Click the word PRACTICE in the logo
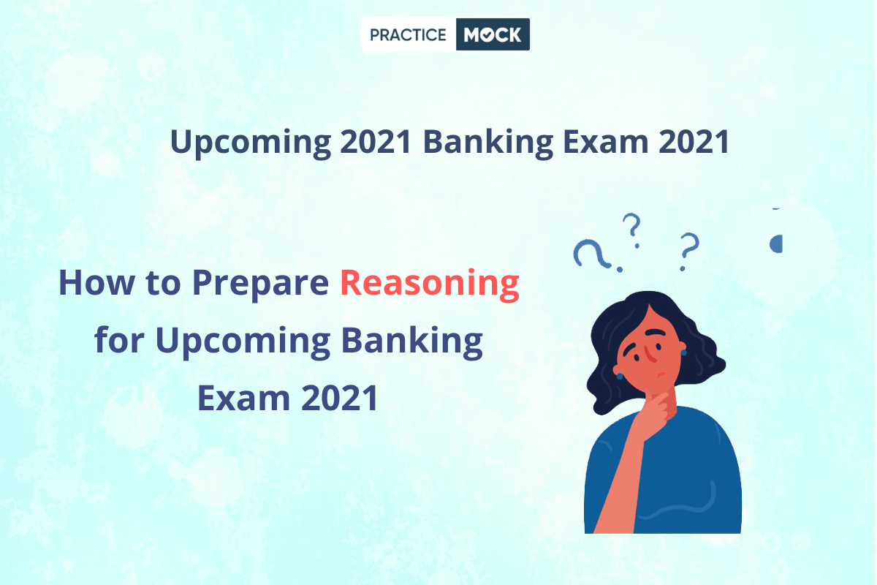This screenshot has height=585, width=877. tap(408, 35)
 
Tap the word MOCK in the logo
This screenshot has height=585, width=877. tap(493, 35)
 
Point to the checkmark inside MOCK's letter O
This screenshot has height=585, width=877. tap(487, 36)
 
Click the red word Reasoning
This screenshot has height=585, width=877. tap(430, 285)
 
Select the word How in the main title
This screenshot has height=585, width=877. tap(96, 282)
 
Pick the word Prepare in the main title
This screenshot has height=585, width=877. tap(260, 285)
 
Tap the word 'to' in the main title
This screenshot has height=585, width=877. tap(163, 283)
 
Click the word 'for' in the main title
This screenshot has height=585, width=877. tap(119, 339)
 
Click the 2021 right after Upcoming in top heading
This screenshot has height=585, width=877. tap(376, 141)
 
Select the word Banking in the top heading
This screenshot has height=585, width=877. tap(488, 143)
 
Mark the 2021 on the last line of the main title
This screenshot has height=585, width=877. tap(340, 398)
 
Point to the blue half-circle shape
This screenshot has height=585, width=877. tap(776, 244)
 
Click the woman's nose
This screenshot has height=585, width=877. tap(650, 354)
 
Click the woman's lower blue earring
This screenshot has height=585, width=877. tap(620, 377)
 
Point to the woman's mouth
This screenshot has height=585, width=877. tap(661, 374)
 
